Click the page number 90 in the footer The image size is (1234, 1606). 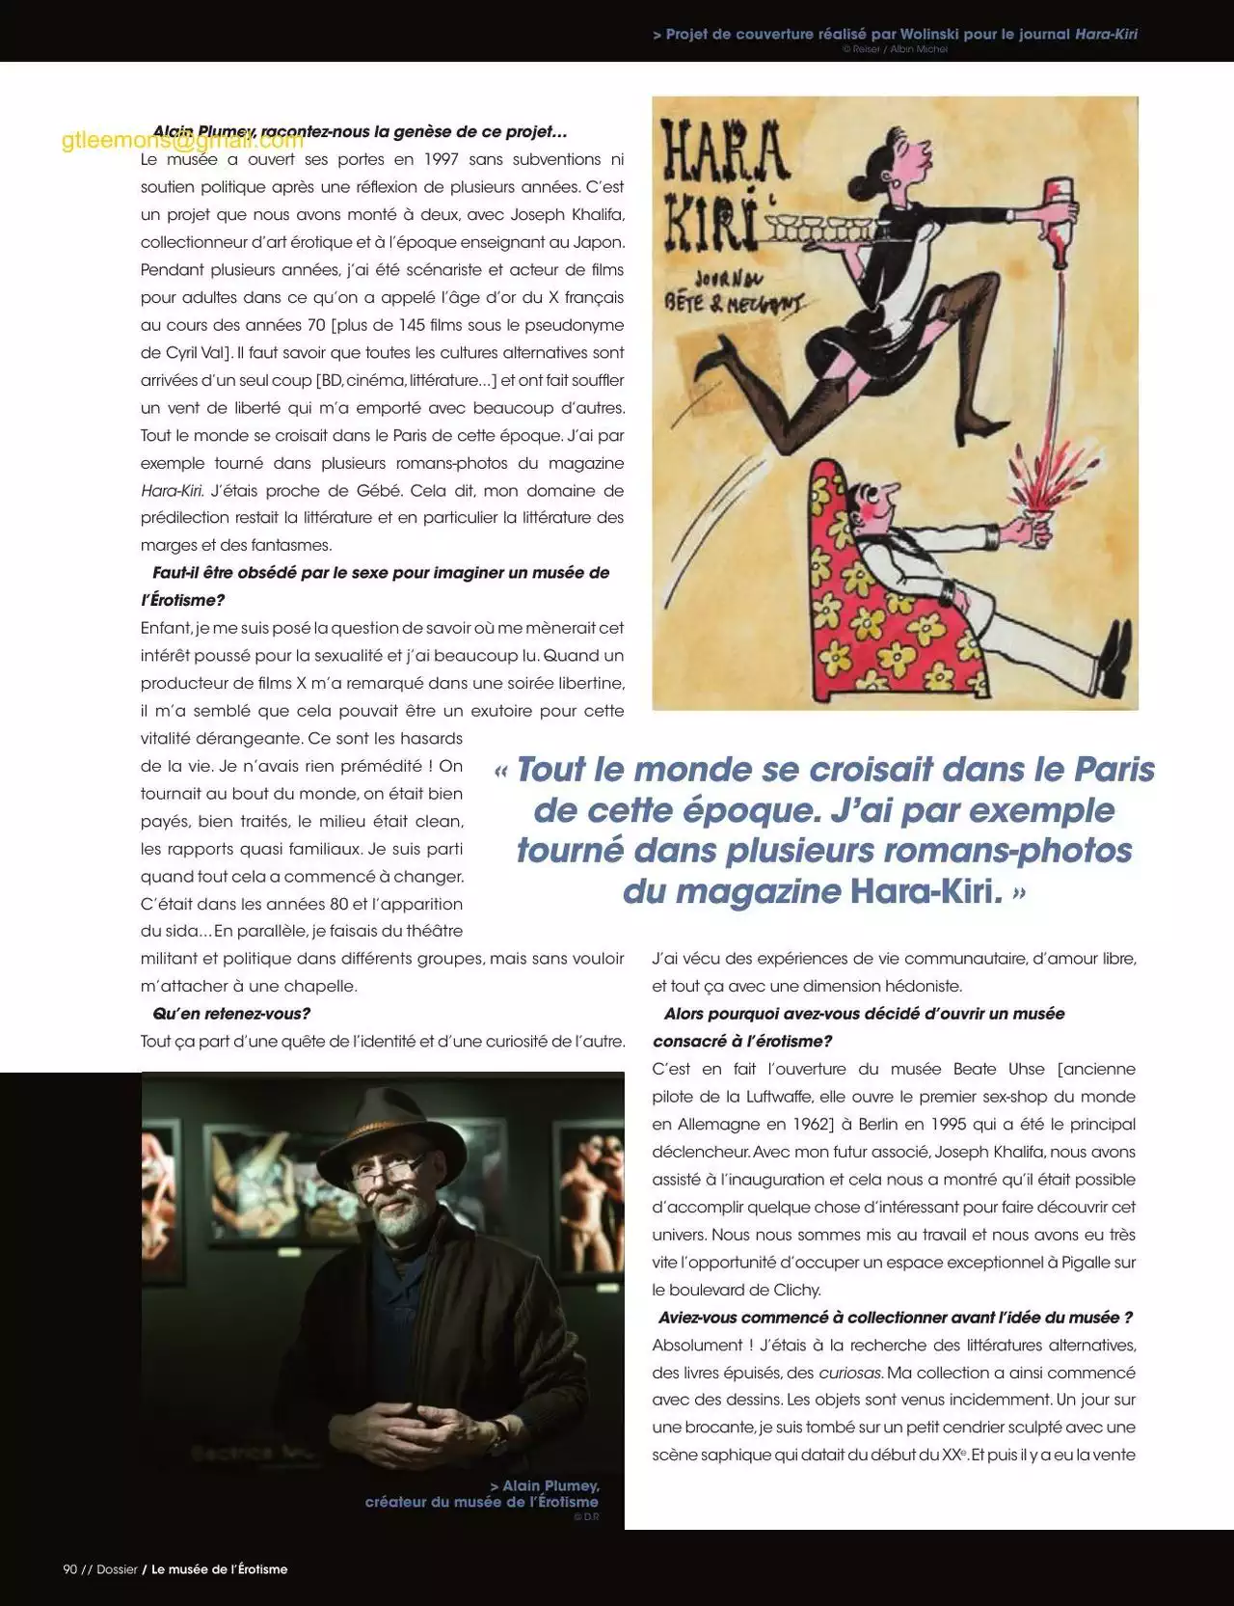tap(69, 1569)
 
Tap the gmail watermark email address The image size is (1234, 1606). tap(182, 141)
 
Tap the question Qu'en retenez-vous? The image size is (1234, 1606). tap(231, 1014)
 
